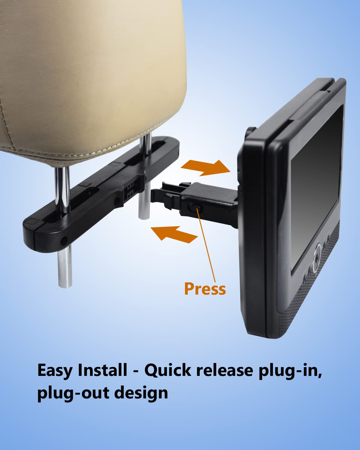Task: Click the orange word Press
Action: click(205, 289)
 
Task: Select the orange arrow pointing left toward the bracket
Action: click(174, 233)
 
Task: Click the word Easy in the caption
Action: click(55, 370)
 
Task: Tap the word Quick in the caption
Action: click(168, 370)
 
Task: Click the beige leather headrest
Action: click(90, 75)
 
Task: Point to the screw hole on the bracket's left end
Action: click(64, 240)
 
